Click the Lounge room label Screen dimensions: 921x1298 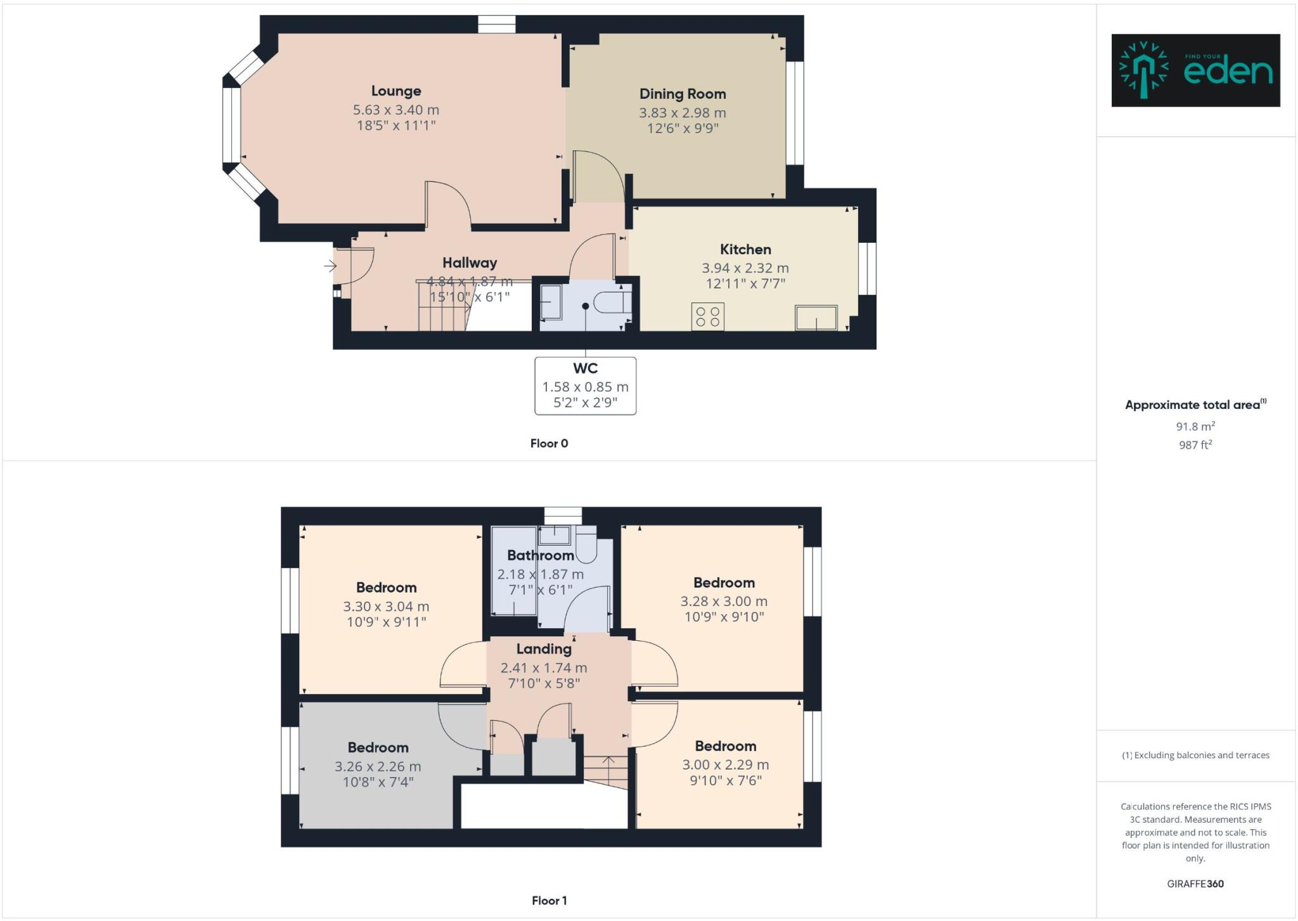click(x=396, y=91)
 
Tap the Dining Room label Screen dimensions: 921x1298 click(x=683, y=94)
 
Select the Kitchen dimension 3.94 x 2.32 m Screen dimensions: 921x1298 click(x=745, y=268)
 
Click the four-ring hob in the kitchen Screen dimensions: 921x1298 click(x=707, y=317)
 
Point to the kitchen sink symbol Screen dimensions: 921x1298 click(x=816, y=318)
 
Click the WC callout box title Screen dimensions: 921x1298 click(x=585, y=368)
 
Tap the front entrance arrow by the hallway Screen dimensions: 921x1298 click(x=330, y=266)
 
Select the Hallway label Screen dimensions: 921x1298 click(x=470, y=263)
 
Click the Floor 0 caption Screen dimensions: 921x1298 click(x=549, y=444)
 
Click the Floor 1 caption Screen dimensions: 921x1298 click(x=549, y=901)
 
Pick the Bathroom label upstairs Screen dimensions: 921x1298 click(x=540, y=556)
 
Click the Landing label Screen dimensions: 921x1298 click(x=544, y=649)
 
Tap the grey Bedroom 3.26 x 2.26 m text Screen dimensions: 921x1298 click(x=378, y=767)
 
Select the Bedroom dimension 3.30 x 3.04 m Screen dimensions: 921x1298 click(x=386, y=607)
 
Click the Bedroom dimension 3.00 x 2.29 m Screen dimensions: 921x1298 click(x=726, y=765)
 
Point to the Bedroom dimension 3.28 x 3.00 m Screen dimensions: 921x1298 click(x=724, y=602)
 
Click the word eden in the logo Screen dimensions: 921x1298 click(x=1228, y=72)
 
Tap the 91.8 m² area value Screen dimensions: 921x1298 click(x=1195, y=427)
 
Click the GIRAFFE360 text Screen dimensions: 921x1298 click(x=1195, y=884)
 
